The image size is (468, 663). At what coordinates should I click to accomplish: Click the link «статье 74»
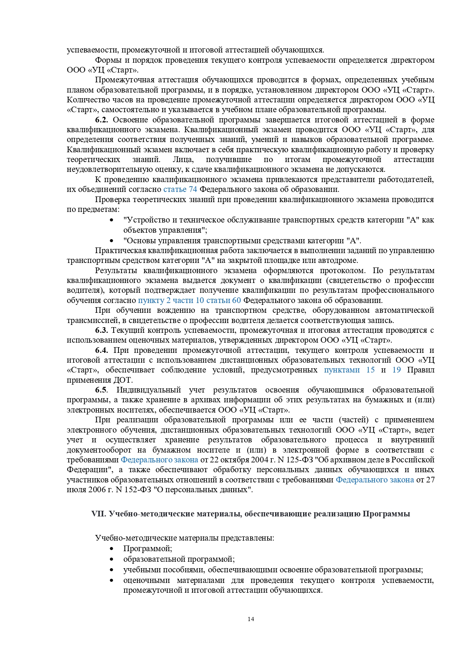click(x=180, y=189)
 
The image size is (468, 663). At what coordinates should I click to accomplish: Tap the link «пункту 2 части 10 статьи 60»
click(x=189, y=300)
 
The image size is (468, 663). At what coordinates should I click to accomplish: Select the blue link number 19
click(x=396, y=370)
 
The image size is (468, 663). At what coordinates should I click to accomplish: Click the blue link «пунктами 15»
click(x=349, y=370)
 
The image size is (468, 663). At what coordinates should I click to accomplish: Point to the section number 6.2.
click(x=102, y=120)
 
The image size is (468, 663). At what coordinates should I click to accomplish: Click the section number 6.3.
click(x=102, y=330)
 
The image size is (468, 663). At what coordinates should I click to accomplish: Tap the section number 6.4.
click(x=102, y=350)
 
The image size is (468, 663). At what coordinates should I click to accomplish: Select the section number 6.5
click(x=101, y=390)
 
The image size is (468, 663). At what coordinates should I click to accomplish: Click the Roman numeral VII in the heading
click(x=97, y=514)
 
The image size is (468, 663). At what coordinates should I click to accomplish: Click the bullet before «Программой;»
click(x=111, y=549)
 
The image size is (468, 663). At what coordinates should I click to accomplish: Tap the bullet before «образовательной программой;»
click(x=111, y=559)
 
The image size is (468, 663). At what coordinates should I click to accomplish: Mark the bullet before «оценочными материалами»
click(x=111, y=580)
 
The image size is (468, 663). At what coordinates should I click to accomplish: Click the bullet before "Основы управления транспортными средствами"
click(x=111, y=241)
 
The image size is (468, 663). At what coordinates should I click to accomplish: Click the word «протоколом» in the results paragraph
click(x=343, y=270)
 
